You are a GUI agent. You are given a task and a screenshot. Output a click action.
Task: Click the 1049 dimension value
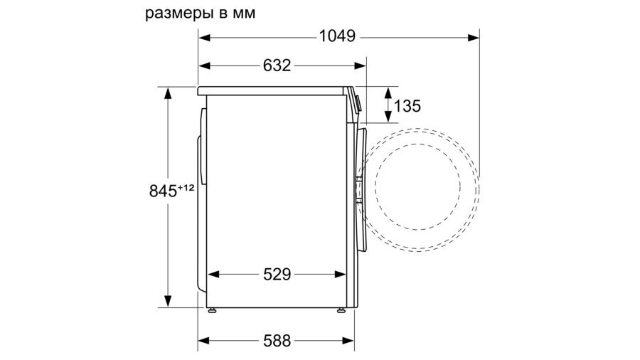tap(337, 36)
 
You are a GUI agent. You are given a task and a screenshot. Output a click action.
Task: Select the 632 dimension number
tap(277, 65)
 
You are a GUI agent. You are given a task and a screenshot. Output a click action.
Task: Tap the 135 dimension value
tap(407, 106)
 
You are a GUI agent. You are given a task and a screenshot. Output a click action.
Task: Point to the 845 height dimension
tap(163, 191)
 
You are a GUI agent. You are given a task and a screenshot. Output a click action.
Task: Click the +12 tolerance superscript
tap(186, 188)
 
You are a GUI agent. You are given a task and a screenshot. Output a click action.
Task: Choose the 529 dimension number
tap(277, 275)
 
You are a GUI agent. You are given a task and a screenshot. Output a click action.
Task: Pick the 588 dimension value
tap(277, 340)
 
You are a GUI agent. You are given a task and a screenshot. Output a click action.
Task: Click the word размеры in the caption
tap(180, 14)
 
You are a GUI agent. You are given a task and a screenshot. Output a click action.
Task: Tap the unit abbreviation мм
tap(244, 14)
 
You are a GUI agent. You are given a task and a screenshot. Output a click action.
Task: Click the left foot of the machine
tap(212, 311)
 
